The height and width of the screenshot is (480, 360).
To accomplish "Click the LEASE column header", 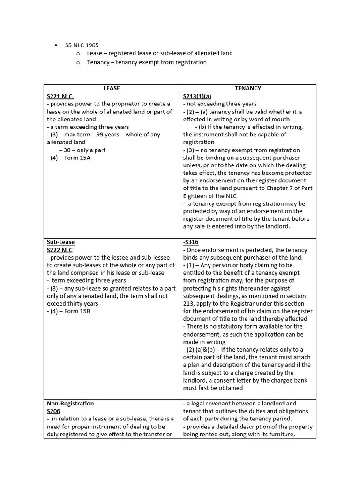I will tap(112, 88).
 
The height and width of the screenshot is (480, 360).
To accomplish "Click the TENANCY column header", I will tap(247, 88).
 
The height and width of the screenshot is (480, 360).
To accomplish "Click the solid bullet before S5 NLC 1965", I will tap(56, 45).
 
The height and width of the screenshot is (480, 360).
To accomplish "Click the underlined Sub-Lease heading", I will tap(60, 242).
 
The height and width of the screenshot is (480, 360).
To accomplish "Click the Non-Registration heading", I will tap(70, 404).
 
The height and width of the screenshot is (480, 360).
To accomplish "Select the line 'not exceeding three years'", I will tap(220, 104).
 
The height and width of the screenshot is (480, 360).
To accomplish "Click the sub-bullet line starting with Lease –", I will tap(159, 53).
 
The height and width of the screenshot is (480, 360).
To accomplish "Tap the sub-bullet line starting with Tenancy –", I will tap(146, 62).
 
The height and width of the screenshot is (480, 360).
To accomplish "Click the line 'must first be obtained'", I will tap(213, 388).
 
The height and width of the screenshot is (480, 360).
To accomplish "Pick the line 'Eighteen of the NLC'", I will tap(210, 196).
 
